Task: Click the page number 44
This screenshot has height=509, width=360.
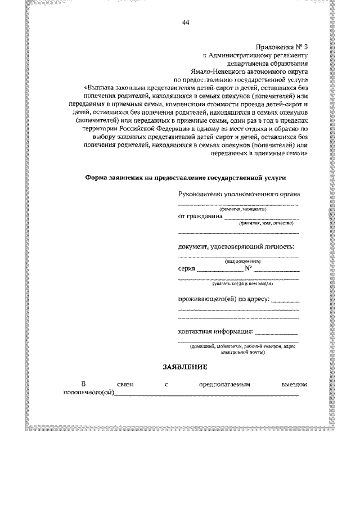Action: [x=186, y=22]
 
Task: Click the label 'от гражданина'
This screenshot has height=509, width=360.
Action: [x=200, y=216]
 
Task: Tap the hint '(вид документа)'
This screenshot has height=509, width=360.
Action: [x=242, y=262]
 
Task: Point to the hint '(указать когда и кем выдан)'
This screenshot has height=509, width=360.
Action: [x=242, y=285]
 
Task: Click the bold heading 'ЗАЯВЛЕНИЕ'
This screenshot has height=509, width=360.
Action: [x=186, y=367]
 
